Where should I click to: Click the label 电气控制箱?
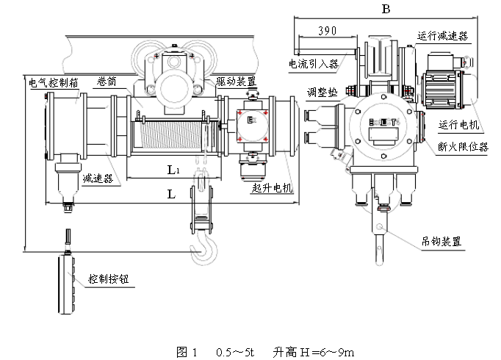tap(53, 82)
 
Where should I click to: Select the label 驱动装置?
tap(236, 81)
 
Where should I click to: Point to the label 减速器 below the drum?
tap(97, 179)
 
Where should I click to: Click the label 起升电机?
tap(272, 188)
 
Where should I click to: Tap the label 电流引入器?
tap(314, 64)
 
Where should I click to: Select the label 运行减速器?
tap(443, 35)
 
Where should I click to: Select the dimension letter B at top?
tap(386, 8)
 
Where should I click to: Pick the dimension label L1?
tap(172, 170)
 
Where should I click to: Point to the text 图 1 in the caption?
tap(187, 351)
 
